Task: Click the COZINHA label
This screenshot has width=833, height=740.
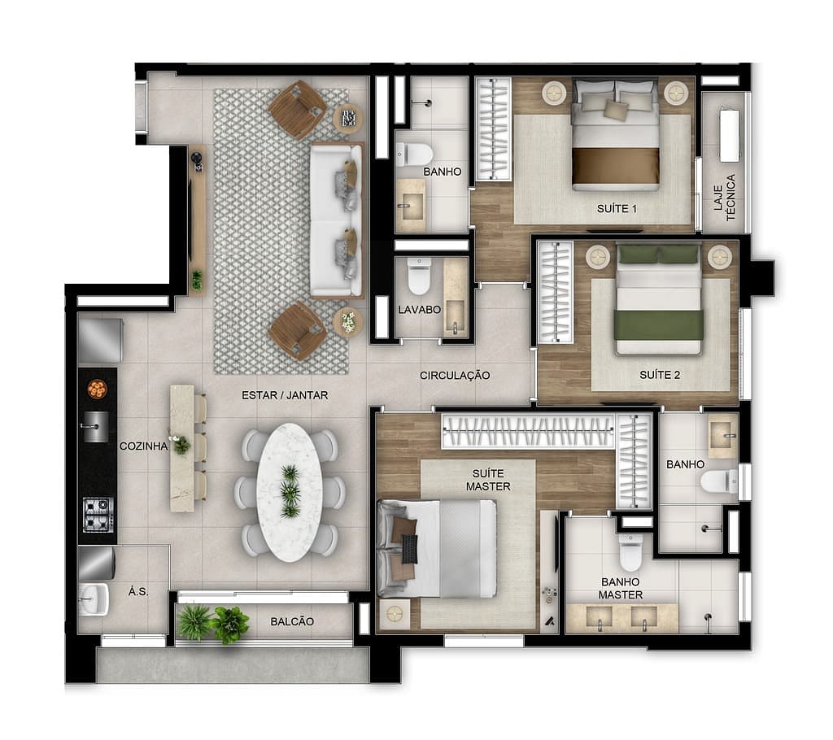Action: [x=143, y=446]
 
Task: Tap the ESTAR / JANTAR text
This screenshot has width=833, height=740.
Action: [x=285, y=395]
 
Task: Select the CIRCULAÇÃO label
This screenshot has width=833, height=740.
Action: [x=455, y=376]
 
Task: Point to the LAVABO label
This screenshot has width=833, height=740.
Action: [x=420, y=310]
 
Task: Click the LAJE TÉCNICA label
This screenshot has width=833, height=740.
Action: [x=724, y=197]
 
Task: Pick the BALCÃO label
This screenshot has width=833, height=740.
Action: [x=292, y=621]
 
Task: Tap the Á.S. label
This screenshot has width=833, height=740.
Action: [x=138, y=591]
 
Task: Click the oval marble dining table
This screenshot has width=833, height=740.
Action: [x=290, y=493]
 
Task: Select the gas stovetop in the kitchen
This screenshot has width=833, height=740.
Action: [x=98, y=514]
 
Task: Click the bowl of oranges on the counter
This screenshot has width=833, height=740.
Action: [x=98, y=389]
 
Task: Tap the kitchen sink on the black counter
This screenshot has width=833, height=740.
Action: [x=96, y=426]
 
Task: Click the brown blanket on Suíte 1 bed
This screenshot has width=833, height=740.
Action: [x=616, y=166]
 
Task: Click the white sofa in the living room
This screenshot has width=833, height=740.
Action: [x=336, y=220]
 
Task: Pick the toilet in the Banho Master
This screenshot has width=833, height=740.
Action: [x=631, y=552]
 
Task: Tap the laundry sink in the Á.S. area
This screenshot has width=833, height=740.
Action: [x=93, y=599]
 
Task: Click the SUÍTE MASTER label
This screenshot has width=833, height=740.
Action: [x=488, y=480]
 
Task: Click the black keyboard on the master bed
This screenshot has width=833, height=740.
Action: [x=410, y=549]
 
